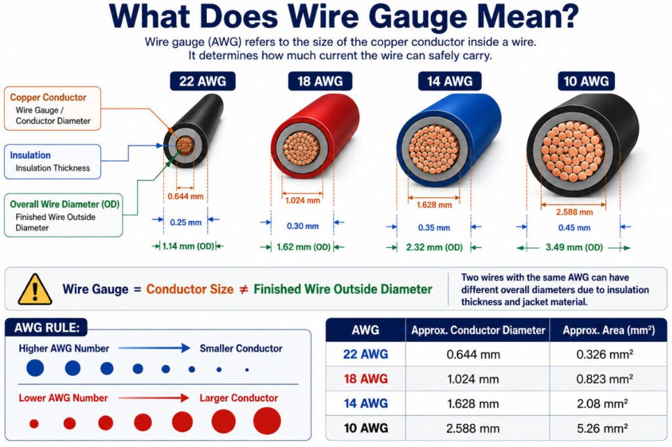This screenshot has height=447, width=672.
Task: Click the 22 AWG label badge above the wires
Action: (202, 81)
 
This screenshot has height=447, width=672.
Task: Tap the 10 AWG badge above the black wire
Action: (586, 81)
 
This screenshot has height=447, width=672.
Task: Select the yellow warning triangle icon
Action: (35, 289)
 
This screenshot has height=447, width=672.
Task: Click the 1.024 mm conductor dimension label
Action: (303, 200)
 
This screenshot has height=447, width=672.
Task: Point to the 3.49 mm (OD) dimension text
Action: (574, 247)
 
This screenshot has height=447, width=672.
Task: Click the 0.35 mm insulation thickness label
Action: (434, 228)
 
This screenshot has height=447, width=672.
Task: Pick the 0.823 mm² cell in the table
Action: (604, 379)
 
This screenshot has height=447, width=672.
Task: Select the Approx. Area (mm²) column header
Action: (608, 330)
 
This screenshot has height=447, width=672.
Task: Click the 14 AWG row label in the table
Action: (366, 403)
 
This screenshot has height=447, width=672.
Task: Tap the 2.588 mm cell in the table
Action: (472, 428)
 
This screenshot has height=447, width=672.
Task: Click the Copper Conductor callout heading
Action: (48, 97)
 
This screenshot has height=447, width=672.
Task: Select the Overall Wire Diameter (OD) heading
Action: (65, 204)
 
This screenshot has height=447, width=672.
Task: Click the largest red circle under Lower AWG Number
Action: (267, 421)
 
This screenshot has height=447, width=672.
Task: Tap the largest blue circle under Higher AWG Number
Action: (35, 368)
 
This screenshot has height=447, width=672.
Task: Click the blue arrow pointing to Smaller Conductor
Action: (154, 348)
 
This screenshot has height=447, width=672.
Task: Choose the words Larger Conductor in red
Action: (239, 398)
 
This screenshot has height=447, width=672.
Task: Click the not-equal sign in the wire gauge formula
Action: (243, 289)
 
